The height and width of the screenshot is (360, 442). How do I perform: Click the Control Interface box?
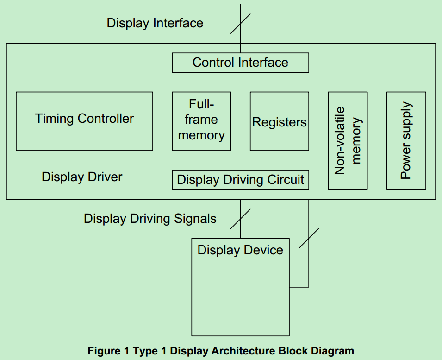[240, 63]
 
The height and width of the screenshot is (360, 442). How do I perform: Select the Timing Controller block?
[84, 121]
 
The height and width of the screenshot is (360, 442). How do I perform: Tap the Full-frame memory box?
[201, 120]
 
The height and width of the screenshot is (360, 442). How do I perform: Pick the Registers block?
[279, 121]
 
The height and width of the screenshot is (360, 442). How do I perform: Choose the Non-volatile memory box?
[348, 140]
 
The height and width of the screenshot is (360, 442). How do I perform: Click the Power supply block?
[406, 140]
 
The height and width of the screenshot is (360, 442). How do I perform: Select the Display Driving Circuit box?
[240, 180]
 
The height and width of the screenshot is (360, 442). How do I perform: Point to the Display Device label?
[240, 250]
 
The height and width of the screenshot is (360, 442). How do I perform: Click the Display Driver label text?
[82, 177]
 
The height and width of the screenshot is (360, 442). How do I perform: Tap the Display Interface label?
[155, 23]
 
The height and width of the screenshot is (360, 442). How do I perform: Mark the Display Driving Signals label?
[150, 218]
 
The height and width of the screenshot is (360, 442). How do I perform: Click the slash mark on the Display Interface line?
[240, 23]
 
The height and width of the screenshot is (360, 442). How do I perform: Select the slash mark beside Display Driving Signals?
[240, 218]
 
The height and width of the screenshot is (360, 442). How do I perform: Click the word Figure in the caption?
[103, 351]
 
